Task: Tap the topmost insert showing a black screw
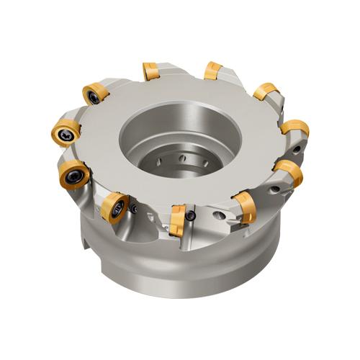coord(94,94)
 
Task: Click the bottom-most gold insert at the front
coord(176,219)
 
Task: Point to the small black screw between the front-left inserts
coord(135,209)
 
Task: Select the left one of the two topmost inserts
coord(150,71)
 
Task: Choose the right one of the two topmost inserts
coord(213,70)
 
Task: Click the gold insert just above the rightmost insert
coord(266,91)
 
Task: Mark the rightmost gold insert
coord(295,129)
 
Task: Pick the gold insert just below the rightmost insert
coord(288,171)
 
